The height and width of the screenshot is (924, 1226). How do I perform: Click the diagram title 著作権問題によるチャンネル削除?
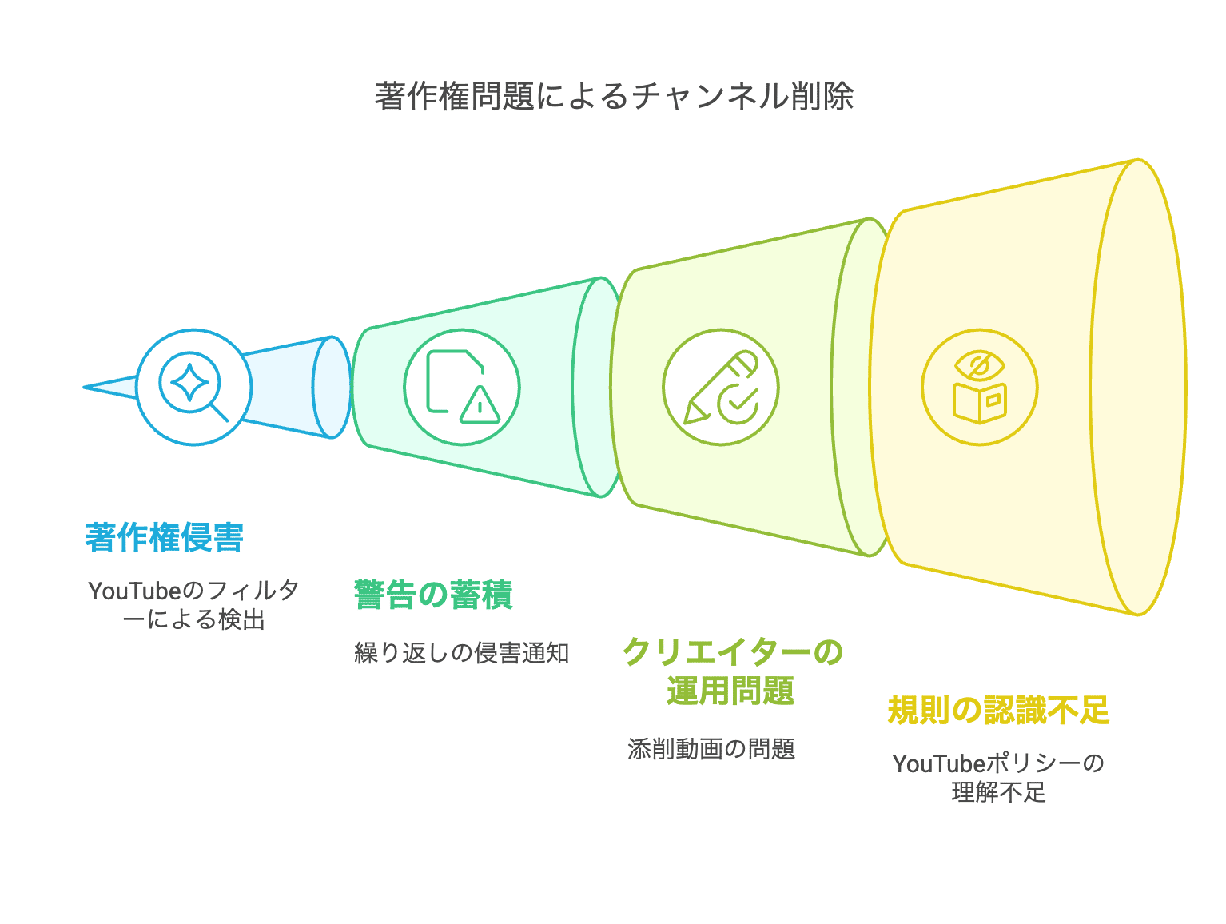tap(614, 97)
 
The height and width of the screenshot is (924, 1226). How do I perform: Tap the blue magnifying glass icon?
tap(194, 387)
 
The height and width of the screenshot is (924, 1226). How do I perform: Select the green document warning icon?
tap(462, 387)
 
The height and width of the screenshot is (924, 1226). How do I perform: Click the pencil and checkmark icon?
tap(720, 387)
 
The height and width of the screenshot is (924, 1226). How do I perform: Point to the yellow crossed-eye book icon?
tap(979, 387)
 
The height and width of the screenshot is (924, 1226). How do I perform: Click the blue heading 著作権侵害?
tap(165, 537)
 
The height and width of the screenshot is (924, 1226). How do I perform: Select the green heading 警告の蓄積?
tap(433, 595)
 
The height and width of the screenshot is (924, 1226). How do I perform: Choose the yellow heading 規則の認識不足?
tap(998, 710)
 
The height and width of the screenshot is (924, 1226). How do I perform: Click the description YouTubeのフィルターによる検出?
tap(194, 605)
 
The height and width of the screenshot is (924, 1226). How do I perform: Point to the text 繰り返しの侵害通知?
tap(462, 653)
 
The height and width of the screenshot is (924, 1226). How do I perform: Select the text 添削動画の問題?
tap(711, 749)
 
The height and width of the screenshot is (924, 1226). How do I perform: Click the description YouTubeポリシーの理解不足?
tap(998, 778)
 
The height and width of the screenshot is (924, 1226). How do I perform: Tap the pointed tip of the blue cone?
tap(87, 388)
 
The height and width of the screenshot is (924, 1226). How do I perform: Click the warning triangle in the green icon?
tap(480, 405)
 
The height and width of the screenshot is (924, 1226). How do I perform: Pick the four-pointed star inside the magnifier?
tap(189, 383)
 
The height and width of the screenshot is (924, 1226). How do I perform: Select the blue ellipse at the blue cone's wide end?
tap(331, 387)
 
